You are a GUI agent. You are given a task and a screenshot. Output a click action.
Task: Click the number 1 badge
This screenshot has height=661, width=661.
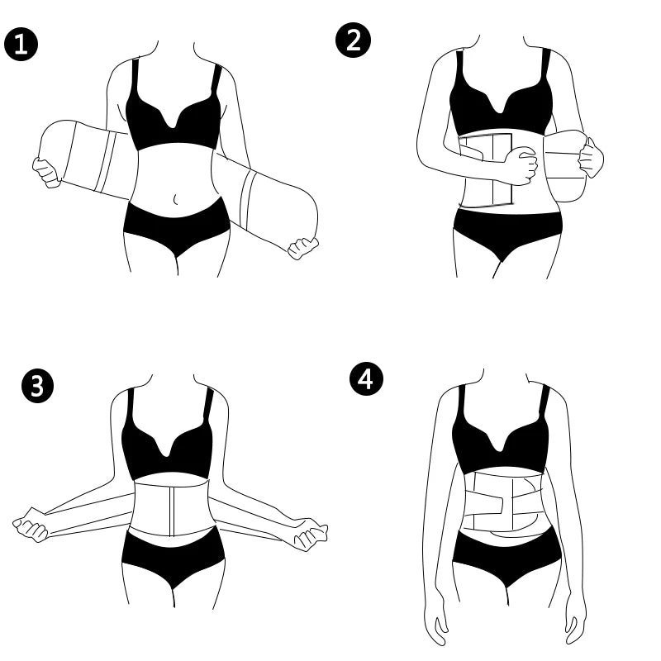point(22,44)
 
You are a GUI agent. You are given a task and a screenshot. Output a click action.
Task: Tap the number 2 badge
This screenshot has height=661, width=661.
point(353,40)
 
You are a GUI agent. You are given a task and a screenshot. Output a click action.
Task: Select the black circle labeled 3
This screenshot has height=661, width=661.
point(36,386)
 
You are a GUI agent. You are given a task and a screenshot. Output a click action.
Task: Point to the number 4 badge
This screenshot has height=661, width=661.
point(367,380)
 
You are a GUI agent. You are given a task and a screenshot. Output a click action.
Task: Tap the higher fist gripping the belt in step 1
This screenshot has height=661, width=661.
point(44,171)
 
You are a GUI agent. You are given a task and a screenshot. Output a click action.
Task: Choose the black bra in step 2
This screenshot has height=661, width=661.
point(501,103)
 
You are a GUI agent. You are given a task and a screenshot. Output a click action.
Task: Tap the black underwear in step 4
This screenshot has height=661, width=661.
point(506,558)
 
